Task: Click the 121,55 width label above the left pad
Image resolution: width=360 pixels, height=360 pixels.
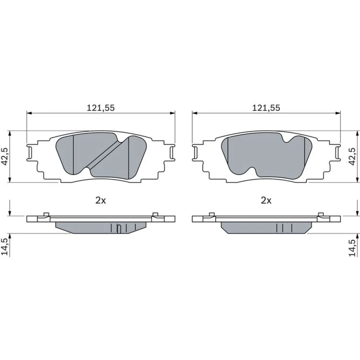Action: click(100, 108)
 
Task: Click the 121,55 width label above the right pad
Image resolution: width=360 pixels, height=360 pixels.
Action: click(266, 108)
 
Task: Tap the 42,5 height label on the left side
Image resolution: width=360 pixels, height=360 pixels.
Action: click(5, 156)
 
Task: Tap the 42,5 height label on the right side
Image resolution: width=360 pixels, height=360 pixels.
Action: click(352, 156)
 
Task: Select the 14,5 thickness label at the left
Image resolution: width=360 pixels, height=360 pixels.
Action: click(5, 247)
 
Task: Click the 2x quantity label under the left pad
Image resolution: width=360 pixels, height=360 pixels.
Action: click(100, 201)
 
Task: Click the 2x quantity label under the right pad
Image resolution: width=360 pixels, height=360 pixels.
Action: click(266, 201)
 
